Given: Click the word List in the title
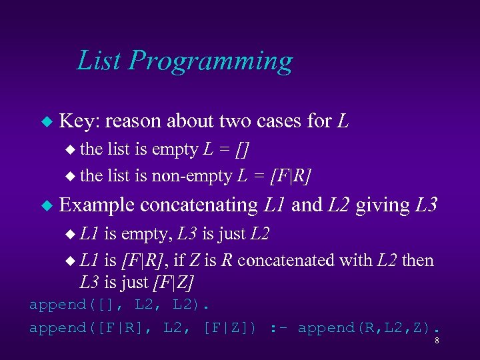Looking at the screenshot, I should (100, 61).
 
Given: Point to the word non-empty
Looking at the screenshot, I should (193, 176).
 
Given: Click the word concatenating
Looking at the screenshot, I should (199, 205).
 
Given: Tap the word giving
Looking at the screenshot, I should (382, 205).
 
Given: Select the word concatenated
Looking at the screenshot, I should (287, 260).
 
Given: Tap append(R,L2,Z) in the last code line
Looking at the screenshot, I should (368, 328).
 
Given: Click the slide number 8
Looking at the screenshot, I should (436, 341).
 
